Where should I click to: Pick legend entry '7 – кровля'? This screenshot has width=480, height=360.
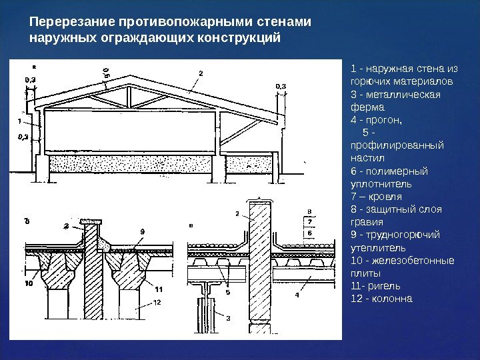[x=376, y=196]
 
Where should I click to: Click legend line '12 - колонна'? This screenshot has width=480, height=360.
[x=381, y=298]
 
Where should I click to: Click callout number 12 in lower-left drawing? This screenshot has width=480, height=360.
[x=157, y=302]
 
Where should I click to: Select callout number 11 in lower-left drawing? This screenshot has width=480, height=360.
[x=158, y=289]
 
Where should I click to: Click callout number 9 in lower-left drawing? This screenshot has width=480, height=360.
[x=142, y=231]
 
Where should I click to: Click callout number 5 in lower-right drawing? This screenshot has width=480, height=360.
[x=227, y=291]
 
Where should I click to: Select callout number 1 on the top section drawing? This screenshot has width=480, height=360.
[x=20, y=122]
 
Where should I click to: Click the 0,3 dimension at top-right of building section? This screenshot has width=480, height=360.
[x=281, y=86]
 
